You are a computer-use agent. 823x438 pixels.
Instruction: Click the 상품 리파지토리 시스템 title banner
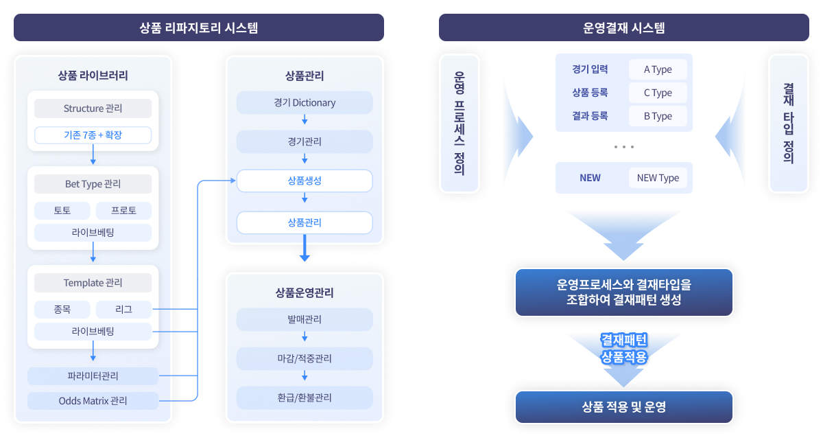(199, 28)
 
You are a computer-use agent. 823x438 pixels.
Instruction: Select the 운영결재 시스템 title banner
(623, 28)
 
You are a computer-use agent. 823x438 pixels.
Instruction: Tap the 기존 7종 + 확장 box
(93, 135)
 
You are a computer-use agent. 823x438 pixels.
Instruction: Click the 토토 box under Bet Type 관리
(62, 211)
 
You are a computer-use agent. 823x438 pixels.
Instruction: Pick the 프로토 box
(123, 211)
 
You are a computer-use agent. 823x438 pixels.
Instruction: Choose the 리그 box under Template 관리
(123, 310)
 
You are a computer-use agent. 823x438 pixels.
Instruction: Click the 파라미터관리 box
(93, 376)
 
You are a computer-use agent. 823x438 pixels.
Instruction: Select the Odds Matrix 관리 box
(93, 400)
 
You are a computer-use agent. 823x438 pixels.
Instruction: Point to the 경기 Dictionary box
(305, 103)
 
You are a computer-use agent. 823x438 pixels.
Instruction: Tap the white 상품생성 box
(305, 181)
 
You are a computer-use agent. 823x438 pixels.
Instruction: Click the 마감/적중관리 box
(305, 358)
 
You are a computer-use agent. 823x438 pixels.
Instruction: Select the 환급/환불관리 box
(305, 397)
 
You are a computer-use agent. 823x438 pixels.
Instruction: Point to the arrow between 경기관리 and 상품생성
(305, 159)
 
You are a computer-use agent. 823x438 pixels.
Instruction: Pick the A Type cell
(658, 69)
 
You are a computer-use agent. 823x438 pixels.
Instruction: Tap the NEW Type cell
(658, 178)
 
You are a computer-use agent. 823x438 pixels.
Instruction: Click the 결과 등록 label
(590, 116)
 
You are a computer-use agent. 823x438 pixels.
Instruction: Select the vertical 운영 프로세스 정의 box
(459, 124)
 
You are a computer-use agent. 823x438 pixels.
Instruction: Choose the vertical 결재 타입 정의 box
(789, 124)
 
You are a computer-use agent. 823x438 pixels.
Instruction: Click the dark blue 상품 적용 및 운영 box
(623, 407)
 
